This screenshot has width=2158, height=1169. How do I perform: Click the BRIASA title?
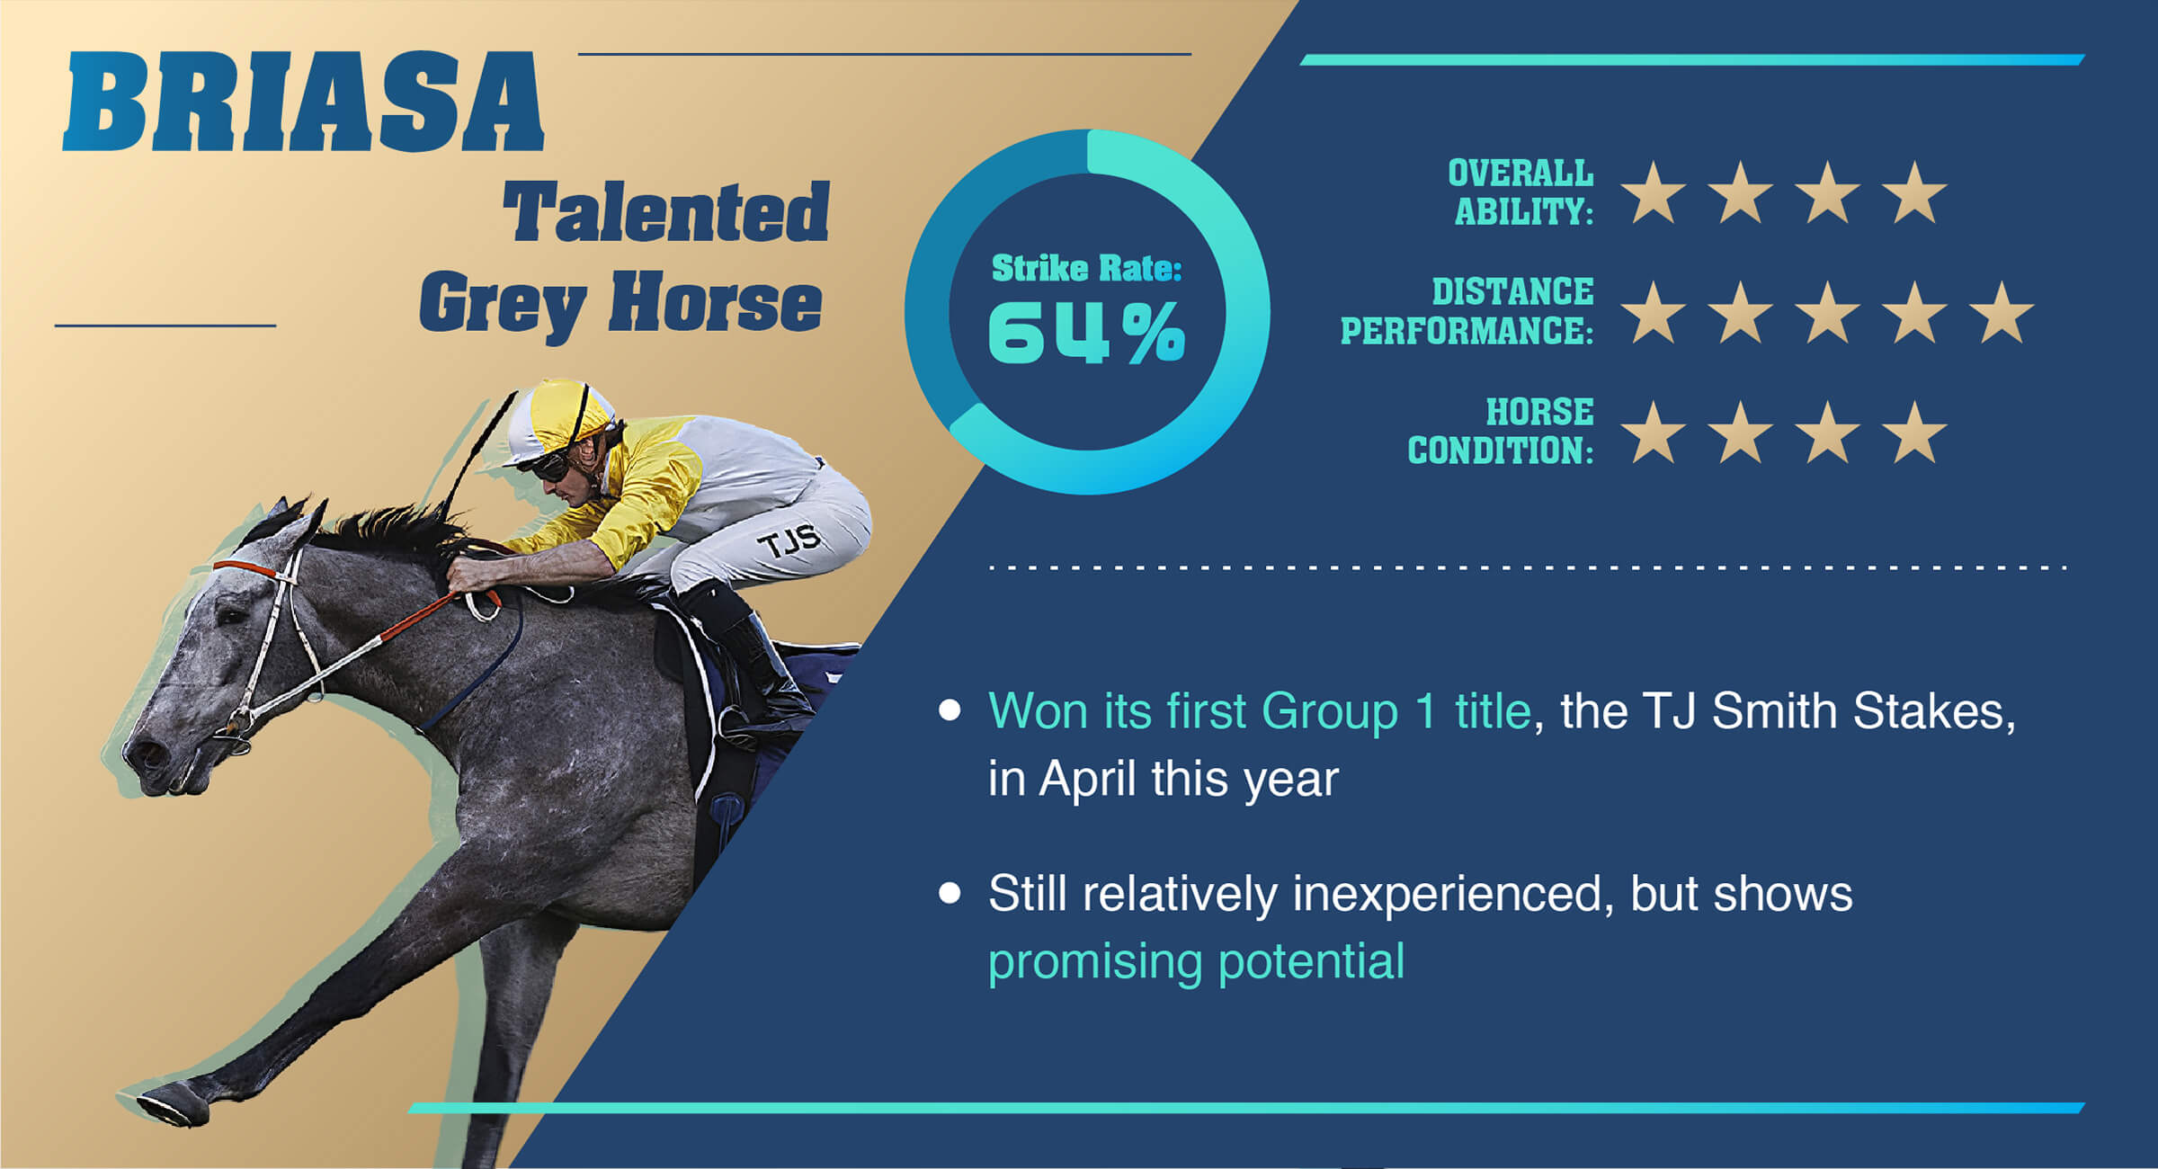[303, 101]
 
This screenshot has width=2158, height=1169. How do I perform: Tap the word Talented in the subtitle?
[666, 212]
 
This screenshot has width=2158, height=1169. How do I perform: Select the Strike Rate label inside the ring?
[1086, 268]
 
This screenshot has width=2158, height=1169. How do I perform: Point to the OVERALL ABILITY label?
[1520, 192]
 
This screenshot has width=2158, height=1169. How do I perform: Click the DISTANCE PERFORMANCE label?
[1467, 311]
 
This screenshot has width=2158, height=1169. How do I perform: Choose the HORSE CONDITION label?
[1501, 431]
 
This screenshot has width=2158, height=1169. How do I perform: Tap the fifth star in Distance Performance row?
[2002, 312]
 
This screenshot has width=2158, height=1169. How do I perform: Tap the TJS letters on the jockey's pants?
[789, 541]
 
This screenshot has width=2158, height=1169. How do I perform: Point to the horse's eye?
[231, 617]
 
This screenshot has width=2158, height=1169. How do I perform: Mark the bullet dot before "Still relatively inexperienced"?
[950, 893]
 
